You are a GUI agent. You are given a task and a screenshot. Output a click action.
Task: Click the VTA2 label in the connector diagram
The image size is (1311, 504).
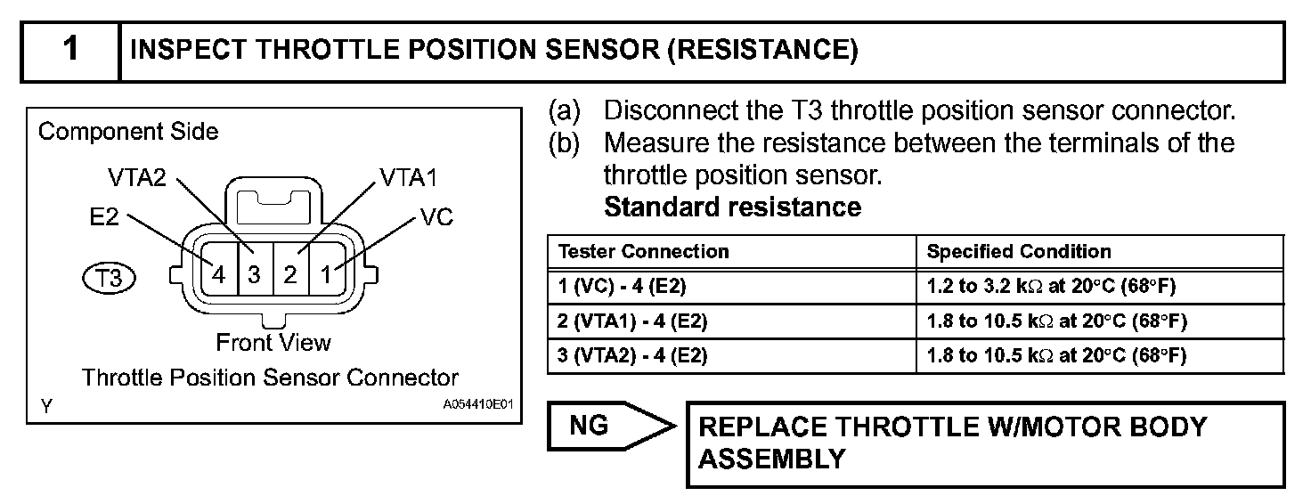point(138,177)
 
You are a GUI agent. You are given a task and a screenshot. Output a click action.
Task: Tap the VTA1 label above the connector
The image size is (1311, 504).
point(408,177)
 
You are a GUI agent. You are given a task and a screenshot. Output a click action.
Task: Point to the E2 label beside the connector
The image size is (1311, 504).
point(104,217)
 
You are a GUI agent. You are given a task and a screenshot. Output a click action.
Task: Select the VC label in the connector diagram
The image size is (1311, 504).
point(437,217)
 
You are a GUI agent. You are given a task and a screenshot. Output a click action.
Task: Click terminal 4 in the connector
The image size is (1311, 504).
point(218,274)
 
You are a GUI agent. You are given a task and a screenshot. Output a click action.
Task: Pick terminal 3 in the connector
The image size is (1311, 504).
point(254,274)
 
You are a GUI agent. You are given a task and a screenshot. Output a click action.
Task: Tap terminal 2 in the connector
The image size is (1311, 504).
point(290,274)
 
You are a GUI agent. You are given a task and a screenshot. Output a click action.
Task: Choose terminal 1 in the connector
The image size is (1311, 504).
point(326,274)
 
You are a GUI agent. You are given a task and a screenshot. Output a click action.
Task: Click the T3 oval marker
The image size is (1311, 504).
point(109,278)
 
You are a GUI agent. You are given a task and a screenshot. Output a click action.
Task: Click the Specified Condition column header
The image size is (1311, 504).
point(1019,252)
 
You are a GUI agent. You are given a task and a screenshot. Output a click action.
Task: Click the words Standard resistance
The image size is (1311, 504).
point(732,207)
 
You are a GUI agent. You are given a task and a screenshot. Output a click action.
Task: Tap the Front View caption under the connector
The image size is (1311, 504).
point(273,343)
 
